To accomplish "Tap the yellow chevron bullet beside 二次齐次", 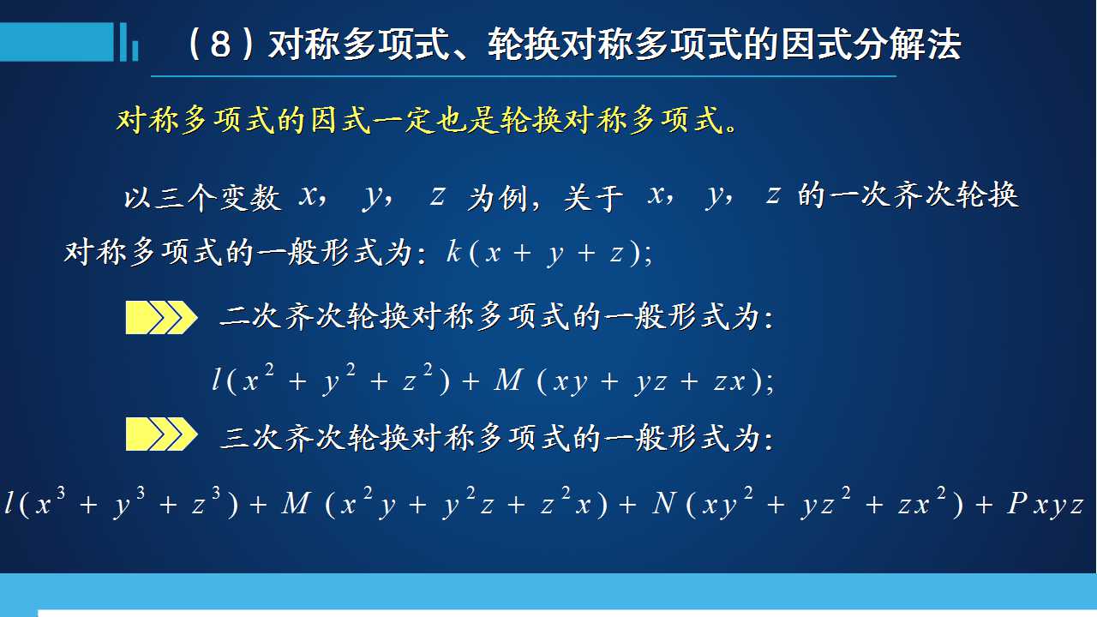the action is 161,318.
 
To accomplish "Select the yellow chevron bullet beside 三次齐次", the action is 161,434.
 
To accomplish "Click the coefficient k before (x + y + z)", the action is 453,252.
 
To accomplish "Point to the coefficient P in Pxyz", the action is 1017,503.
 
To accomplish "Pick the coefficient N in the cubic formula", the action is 664,503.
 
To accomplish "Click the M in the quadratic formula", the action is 508,380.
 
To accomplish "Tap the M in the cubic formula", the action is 296,503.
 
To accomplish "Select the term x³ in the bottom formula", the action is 50,501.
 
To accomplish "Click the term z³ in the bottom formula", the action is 207,501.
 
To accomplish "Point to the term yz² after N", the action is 825,502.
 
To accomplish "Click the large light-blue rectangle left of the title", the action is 57,42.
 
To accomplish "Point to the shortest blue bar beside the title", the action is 135,51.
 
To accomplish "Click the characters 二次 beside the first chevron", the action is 250,317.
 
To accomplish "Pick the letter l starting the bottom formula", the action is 9,503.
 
